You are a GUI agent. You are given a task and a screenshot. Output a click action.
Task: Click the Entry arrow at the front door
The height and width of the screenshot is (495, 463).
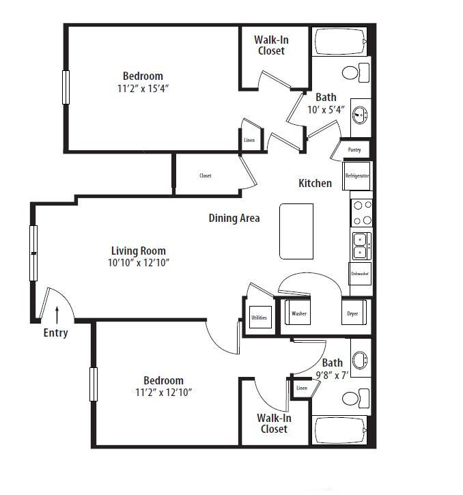pos(57,315)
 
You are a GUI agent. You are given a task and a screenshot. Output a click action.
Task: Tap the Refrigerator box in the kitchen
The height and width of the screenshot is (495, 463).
pos(356,176)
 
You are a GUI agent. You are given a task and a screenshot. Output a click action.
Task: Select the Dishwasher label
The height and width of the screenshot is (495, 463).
pos(360,274)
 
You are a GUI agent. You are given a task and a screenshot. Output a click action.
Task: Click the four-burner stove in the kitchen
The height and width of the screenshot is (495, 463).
pos(362,213)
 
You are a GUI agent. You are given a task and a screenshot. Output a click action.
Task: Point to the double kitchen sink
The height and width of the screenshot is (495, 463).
pos(362,246)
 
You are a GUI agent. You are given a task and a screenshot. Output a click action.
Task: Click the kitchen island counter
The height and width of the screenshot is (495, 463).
pos(296,231)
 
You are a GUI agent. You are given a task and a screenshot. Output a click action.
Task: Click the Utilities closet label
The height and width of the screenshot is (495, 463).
pos(259,317)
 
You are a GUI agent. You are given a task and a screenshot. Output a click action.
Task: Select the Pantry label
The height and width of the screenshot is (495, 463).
pos(354,150)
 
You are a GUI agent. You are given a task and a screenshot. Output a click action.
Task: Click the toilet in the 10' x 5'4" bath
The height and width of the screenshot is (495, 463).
pos(356,72)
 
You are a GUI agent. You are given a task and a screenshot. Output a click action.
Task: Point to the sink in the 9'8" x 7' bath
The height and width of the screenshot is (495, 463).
pos(360,360)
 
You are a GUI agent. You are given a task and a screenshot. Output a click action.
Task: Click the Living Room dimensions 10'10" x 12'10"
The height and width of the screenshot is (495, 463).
pos(139,263)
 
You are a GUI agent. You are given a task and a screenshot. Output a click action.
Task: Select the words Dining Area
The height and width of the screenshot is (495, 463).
pos(234,218)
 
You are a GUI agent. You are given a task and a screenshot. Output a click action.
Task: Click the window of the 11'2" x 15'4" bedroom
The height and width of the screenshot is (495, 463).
pos(66,87)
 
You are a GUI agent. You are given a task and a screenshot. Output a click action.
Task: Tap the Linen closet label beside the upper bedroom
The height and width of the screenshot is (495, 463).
pos(249,140)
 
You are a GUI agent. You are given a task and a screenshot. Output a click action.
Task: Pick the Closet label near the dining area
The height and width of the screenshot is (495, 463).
pos(206,175)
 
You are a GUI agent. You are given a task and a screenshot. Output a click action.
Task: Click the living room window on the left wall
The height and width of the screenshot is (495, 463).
pos(33,253)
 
